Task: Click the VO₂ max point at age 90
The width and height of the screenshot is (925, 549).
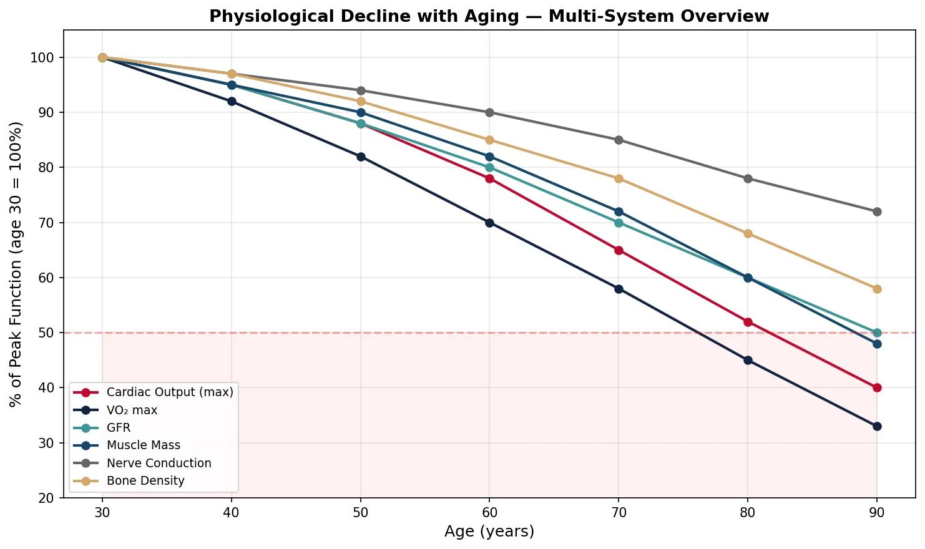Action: [877, 426]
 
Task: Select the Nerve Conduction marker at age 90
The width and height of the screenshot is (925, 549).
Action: [877, 211]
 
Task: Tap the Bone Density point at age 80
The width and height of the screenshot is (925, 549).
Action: [748, 233]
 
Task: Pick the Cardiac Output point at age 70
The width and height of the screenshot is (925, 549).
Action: [619, 250]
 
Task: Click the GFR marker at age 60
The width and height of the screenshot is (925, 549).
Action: [489, 167]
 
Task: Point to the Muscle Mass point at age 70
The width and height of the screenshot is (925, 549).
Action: [619, 211]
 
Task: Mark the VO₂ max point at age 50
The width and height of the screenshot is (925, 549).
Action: [361, 157]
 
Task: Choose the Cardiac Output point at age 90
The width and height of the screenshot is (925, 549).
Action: [877, 387]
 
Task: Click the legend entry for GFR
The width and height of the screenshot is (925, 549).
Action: [119, 428]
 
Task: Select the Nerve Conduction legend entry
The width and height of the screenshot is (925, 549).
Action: [159, 463]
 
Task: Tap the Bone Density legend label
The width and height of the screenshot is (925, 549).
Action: [145, 480]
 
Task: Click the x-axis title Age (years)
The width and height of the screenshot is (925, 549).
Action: [489, 532]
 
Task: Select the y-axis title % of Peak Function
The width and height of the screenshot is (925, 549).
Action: [17, 265]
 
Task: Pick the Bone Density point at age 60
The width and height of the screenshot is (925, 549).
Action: [489, 140]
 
